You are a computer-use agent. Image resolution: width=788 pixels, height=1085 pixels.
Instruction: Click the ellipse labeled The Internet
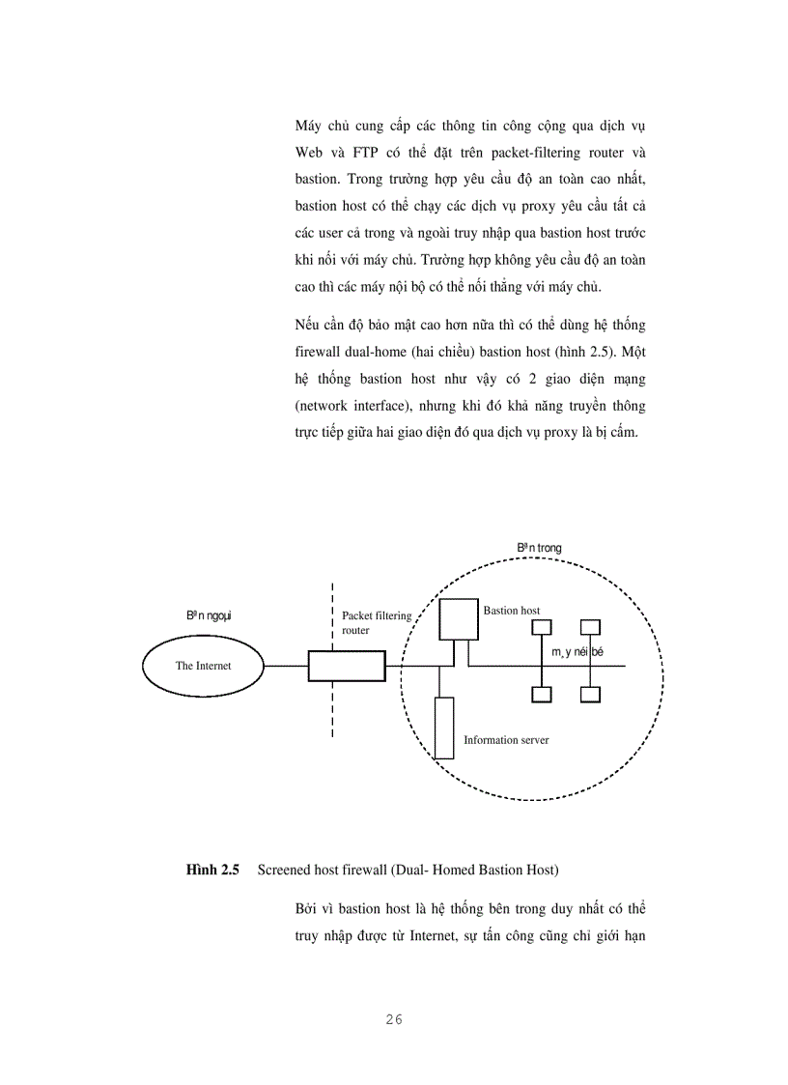(203, 665)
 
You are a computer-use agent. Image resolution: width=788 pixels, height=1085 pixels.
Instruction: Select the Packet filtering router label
(377, 622)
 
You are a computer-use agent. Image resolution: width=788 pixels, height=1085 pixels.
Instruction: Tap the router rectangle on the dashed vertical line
(346, 666)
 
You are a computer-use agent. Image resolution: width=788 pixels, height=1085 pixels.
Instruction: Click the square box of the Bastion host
(459, 619)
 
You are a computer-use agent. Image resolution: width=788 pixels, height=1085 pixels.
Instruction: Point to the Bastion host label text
(511, 611)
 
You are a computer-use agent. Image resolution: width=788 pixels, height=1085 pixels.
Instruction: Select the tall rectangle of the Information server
(443, 727)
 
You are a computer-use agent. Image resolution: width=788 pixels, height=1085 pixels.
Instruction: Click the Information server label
(506, 740)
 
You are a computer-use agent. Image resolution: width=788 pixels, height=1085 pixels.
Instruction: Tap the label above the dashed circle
(539, 548)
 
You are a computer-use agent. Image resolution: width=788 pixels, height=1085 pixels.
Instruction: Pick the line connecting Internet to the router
(286, 666)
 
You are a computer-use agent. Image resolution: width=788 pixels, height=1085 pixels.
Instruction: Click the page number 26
(393, 1019)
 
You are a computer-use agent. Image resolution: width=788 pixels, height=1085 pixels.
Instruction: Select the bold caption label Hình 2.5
(212, 871)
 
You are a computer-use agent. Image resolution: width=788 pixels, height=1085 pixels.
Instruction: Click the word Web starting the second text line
(312, 153)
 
